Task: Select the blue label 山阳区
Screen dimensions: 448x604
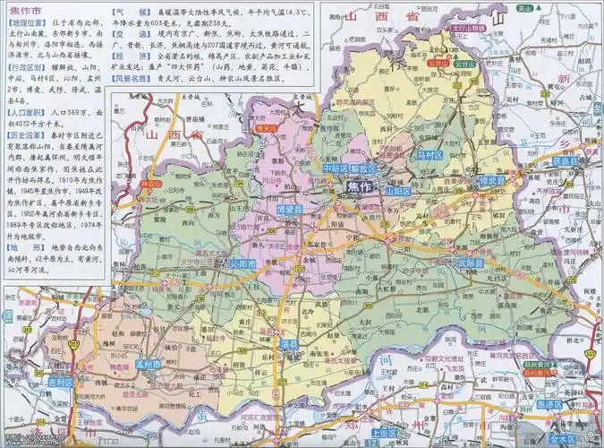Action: click(x=396, y=192)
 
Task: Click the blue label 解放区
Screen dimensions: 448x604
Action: click(x=366, y=168)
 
